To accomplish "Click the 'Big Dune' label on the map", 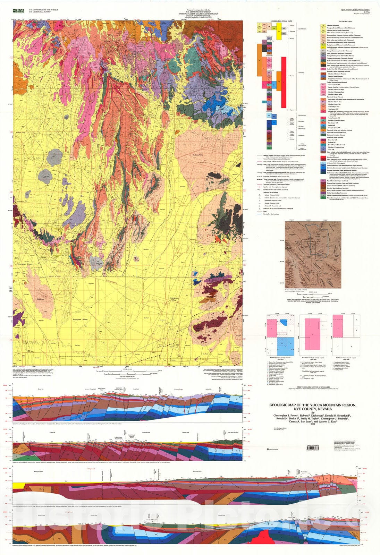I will click(x=42, y=298).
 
